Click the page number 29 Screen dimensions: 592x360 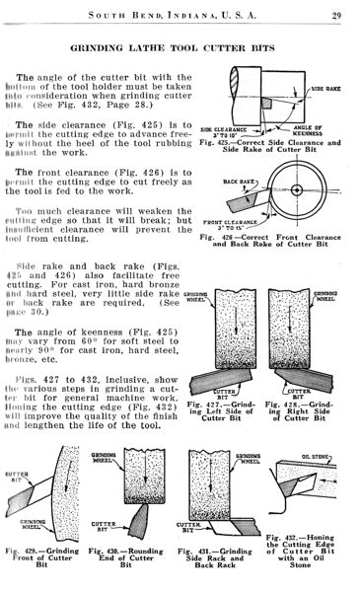[336, 13]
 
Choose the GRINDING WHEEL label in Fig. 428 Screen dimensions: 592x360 [327, 296]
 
